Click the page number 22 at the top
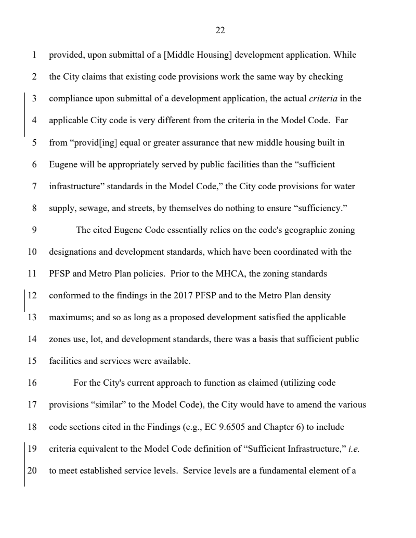point(220,31)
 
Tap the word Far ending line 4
point(342,121)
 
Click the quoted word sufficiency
point(320,208)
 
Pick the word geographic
point(298,230)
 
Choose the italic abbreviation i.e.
point(353,449)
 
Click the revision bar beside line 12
point(25,296)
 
